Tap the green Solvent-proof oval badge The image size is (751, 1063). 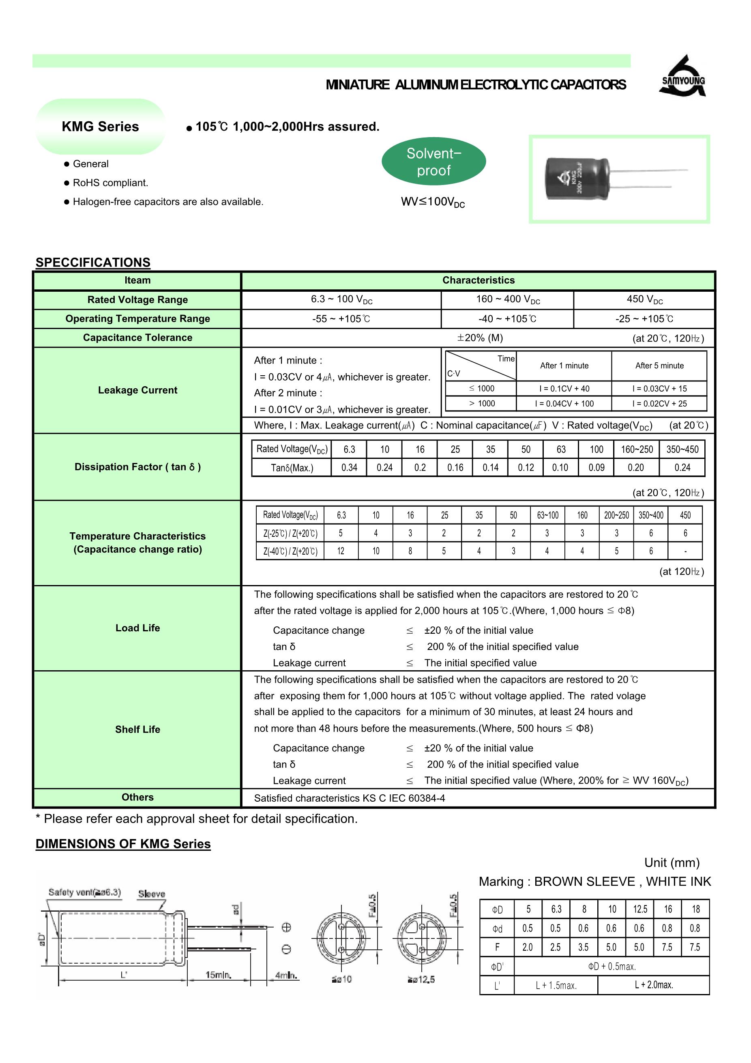tap(433, 161)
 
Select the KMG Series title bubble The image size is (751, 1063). tap(101, 127)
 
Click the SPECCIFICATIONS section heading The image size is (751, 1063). tap(93, 263)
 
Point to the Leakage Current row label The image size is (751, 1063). tap(137, 390)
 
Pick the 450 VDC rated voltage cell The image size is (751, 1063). tap(644, 299)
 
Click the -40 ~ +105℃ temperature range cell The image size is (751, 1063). tap(507, 319)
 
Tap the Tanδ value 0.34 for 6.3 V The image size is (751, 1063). tap(350, 468)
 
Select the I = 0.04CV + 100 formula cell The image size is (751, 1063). tap(564, 404)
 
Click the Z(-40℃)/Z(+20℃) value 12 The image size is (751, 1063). tap(341, 551)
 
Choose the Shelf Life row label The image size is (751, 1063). tap(137, 729)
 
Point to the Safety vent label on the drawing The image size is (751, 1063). tap(84, 892)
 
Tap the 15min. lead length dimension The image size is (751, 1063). tap(218, 975)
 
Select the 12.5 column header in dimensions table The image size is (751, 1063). tap(640, 909)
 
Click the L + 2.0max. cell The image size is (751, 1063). tap(653, 985)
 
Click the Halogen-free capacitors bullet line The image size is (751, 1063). tap(168, 202)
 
